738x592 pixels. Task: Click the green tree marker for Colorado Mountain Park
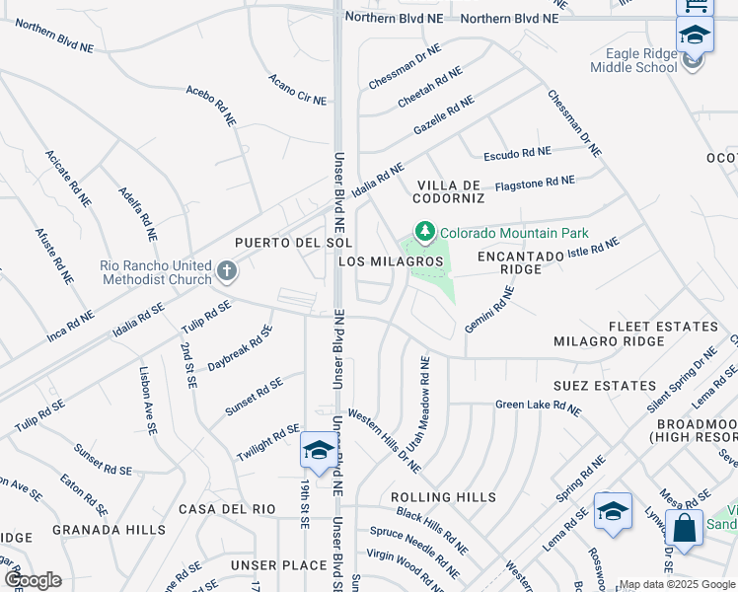(425, 232)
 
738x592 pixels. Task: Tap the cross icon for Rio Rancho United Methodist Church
(226, 270)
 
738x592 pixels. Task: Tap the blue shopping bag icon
(684, 528)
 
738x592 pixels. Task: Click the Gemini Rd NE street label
(489, 309)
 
